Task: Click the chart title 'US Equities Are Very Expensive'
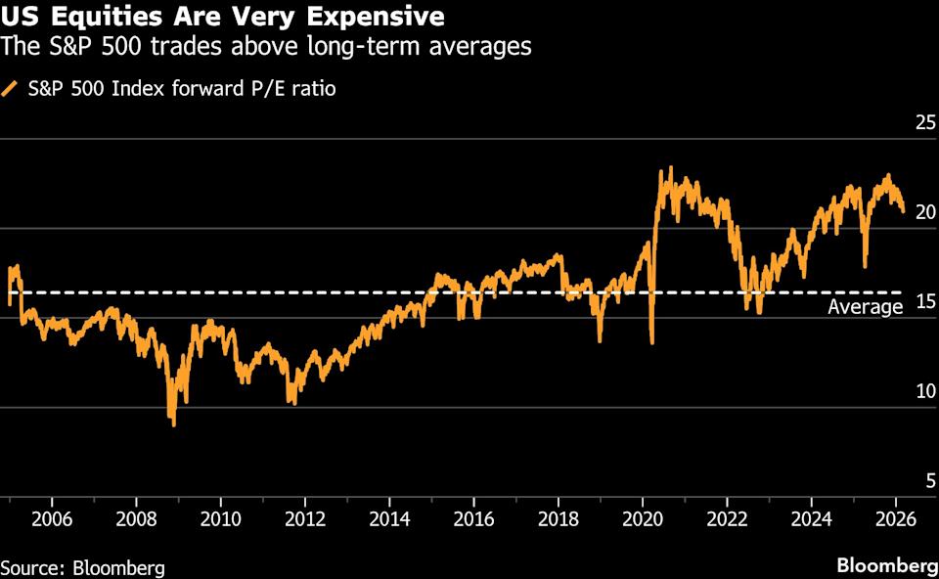222,17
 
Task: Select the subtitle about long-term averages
266,46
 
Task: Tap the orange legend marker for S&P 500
10,89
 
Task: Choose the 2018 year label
558,517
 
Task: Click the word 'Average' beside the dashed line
865,307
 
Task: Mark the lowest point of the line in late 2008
173,423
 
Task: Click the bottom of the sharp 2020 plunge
651,342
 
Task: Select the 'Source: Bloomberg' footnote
82,567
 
